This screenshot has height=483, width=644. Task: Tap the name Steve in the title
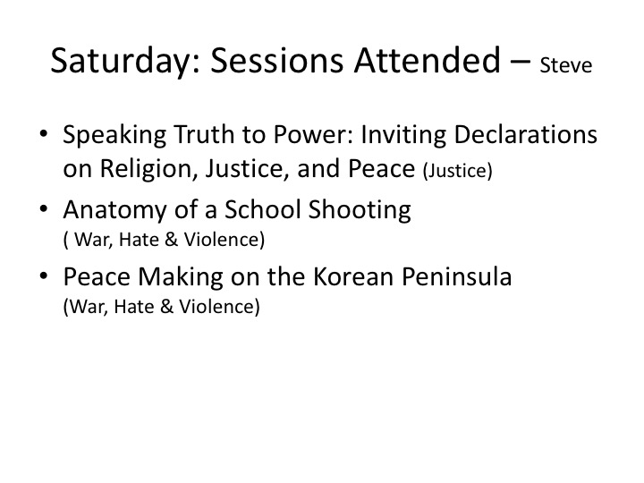(x=566, y=65)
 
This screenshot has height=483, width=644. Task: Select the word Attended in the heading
(x=428, y=60)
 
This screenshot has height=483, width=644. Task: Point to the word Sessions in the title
(x=276, y=60)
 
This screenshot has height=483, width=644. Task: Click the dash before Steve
(x=521, y=62)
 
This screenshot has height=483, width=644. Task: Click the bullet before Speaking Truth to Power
(x=44, y=134)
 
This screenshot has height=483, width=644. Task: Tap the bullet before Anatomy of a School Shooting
(x=44, y=209)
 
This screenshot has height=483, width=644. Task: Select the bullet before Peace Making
(x=44, y=276)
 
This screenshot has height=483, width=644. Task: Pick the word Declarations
(x=525, y=134)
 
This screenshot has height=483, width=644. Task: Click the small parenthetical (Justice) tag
(x=458, y=170)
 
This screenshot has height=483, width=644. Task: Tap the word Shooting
(x=360, y=210)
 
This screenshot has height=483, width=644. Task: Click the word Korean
(x=353, y=276)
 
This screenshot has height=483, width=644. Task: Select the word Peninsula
(x=457, y=276)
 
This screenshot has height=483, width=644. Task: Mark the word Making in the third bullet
(x=181, y=277)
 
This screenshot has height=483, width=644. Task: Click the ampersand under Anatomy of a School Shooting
(x=171, y=240)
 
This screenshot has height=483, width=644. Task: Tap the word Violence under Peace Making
(x=220, y=307)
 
